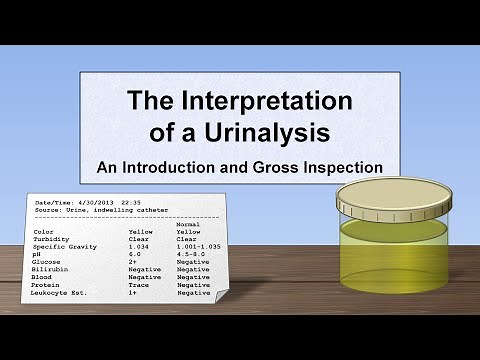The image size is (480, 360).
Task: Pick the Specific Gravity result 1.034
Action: tap(138, 246)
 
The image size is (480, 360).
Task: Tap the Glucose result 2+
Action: tap(133, 262)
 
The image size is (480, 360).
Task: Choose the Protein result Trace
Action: tap(138, 285)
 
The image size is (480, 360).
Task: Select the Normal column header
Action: tap(188, 223)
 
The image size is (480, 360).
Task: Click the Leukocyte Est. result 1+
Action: tap(133, 293)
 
